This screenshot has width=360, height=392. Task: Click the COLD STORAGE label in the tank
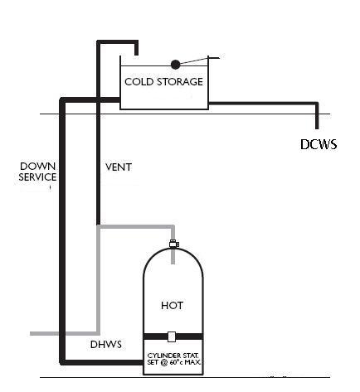pos(163,81)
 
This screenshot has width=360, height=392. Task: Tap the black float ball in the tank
pos(175,64)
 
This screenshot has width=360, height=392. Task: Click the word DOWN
pos(37,167)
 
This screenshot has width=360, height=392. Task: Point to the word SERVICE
pos(37,177)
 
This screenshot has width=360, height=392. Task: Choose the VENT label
pos(119,167)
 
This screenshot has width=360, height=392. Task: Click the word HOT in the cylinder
pos(172,305)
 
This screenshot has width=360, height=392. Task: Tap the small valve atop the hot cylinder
pos(173,244)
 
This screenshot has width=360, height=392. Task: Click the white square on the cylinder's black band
pos(172,336)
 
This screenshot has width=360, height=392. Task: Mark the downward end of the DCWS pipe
pos(317,123)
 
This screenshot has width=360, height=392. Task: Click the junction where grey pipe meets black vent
pos(99,225)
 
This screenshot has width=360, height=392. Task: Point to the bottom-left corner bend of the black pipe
pos(62,361)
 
